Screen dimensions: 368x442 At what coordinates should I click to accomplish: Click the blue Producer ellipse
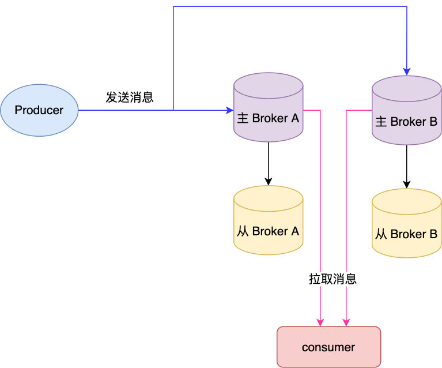[x=39, y=110]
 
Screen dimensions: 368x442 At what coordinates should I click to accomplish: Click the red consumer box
[x=328, y=347]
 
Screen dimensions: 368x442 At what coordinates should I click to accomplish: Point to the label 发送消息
[x=130, y=97]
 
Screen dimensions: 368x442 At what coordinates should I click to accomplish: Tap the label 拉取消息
[x=333, y=279]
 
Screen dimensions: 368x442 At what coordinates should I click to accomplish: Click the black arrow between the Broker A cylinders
[x=268, y=163]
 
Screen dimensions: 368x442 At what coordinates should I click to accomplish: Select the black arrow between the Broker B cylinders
[x=406, y=166]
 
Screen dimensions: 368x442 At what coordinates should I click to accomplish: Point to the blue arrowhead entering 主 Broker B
[x=406, y=72]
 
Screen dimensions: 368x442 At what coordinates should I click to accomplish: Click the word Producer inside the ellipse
[x=39, y=110]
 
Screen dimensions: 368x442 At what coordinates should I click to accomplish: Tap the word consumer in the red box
[x=328, y=347]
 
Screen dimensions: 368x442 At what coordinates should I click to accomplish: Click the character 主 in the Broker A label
[x=243, y=119]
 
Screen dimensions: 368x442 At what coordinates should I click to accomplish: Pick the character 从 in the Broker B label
[x=381, y=234]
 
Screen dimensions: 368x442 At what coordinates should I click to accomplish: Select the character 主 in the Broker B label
[x=381, y=122]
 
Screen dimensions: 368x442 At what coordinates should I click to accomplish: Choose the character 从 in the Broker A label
[x=243, y=231]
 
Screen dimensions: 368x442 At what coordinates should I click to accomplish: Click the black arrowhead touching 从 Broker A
[x=268, y=182]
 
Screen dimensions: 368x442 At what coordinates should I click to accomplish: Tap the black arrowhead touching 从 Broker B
[x=406, y=185]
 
